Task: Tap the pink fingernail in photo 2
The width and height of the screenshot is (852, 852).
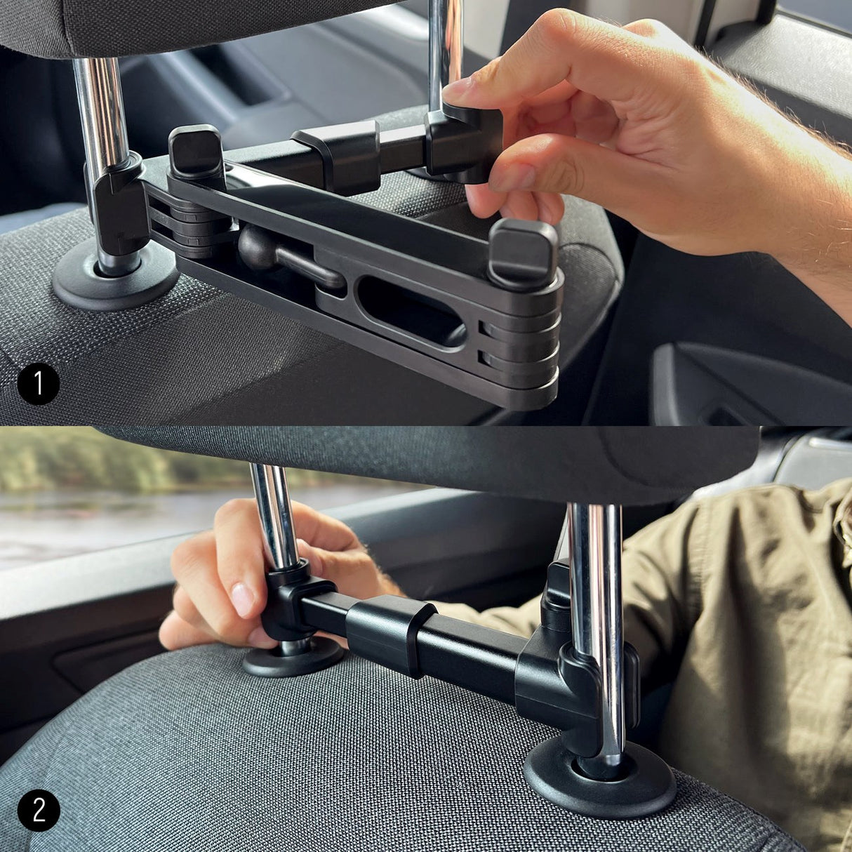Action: coord(242,600)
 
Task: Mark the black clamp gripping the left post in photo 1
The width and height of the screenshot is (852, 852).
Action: coord(116,204)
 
